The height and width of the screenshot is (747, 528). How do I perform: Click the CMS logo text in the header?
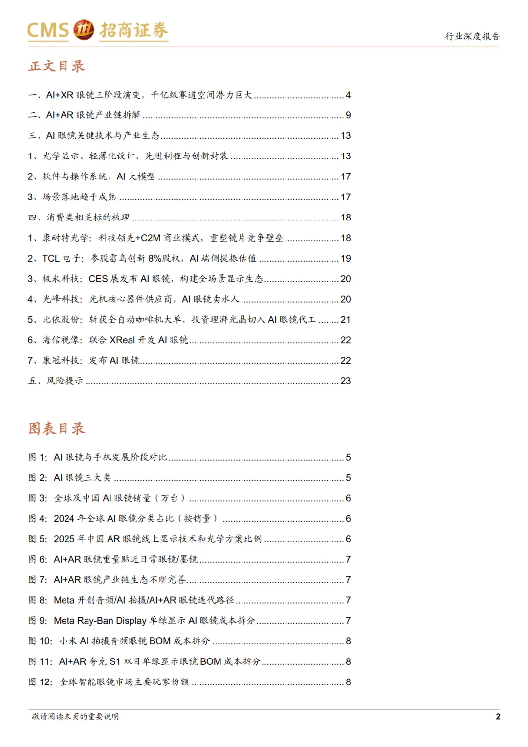pyautogui.click(x=48, y=30)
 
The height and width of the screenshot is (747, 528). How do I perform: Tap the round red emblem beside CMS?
pyautogui.click(x=84, y=30)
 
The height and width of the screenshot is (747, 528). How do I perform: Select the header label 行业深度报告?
pyautogui.click(x=472, y=36)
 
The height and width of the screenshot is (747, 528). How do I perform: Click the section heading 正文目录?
pyautogui.click(x=57, y=66)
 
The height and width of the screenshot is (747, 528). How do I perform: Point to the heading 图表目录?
pyautogui.click(x=57, y=429)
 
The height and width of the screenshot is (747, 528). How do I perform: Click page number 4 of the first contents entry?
pyautogui.click(x=348, y=95)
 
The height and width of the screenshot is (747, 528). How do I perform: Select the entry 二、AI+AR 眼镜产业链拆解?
pyautogui.click(x=84, y=115)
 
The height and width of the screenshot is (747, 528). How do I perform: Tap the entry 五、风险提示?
pyautogui.click(x=55, y=381)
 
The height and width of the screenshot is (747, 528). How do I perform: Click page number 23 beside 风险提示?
pyautogui.click(x=346, y=381)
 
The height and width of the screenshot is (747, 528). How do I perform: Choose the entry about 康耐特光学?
pyautogui.click(x=155, y=238)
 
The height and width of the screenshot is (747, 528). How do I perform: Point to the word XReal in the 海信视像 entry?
pyautogui.click(x=122, y=340)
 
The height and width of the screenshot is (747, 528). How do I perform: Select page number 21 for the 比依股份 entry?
pyautogui.click(x=346, y=320)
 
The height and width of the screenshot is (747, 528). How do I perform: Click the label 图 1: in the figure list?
pyautogui.click(x=38, y=457)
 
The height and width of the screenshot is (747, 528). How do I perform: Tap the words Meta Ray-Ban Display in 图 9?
pyautogui.click(x=100, y=621)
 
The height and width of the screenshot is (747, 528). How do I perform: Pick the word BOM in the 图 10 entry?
pyautogui.click(x=160, y=641)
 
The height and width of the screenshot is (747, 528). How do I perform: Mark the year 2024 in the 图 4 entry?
pyautogui.click(x=64, y=519)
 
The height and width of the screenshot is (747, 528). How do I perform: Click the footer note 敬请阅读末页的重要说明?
pyautogui.click(x=75, y=716)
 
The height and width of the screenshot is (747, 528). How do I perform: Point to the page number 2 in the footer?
pyautogui.click(x=498, y=717)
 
